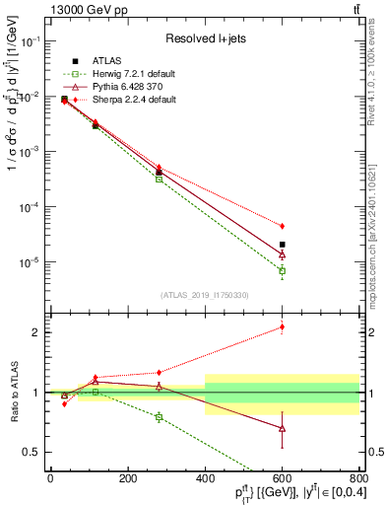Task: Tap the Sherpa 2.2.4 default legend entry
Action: (x=125, y=100)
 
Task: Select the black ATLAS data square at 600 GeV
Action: (x=283, y=245)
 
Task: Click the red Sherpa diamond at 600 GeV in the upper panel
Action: (x=283, y=226)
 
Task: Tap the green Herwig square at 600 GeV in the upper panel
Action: (x=283, y=270)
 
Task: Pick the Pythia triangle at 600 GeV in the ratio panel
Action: (x=283, y=428)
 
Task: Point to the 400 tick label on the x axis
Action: (x=205, y=478)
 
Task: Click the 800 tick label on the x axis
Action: (x=357, y=478)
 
